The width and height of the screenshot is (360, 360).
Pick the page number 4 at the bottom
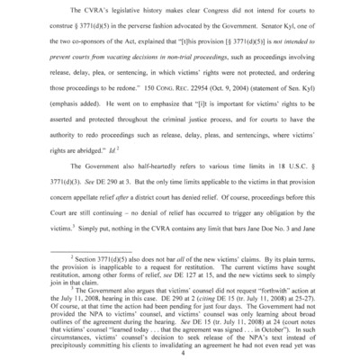tap(180, 343)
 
